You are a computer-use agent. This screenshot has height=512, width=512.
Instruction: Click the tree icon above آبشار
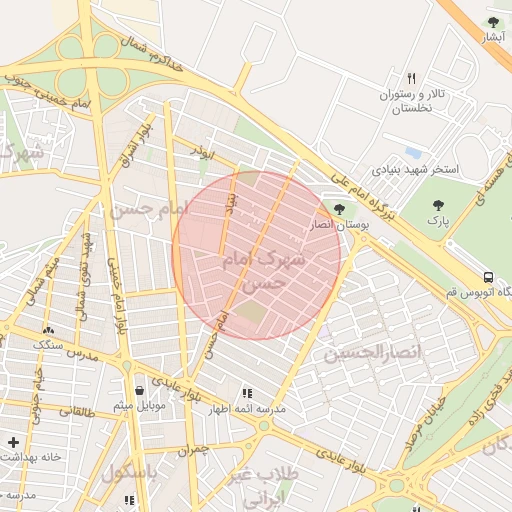coord(492,21)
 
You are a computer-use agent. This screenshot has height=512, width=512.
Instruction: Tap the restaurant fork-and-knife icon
coord(410,79)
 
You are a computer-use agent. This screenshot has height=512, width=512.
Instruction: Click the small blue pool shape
coord(413,153)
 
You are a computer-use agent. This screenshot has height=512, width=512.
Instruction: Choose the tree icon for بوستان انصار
coord(339,209)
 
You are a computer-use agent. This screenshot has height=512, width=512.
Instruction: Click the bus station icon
coord(488,276)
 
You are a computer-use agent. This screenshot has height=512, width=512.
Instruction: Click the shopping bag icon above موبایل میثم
coord(138,390)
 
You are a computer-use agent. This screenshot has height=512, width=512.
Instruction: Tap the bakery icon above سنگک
coord(47,330)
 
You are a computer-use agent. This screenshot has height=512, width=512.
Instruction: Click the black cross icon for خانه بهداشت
coord(13,441)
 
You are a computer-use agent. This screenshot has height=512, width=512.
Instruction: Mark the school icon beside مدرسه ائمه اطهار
coord(247,394)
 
